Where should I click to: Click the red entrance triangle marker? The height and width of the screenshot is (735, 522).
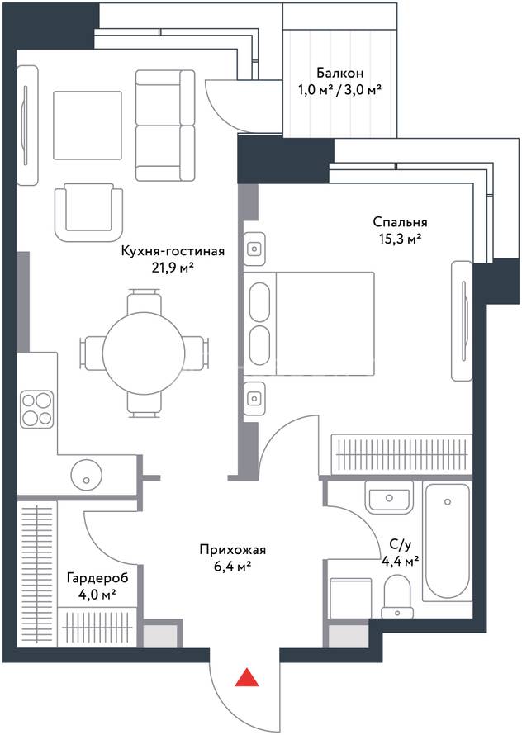247,678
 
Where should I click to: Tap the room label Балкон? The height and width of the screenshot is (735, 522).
339,73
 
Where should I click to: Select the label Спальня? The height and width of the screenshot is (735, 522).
400,221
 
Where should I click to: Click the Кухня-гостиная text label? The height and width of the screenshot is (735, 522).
173,251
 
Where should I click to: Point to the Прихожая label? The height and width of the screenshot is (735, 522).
233,550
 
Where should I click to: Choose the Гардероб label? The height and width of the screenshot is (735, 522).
97,578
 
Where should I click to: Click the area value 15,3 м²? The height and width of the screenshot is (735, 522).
400,239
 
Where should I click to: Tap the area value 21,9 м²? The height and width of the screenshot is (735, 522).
173,269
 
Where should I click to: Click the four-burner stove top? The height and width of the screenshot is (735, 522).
36,410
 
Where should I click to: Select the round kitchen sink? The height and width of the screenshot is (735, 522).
86,473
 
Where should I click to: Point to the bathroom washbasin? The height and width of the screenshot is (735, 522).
389,497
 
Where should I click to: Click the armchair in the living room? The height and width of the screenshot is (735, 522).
88,212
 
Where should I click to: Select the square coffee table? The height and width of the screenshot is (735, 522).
88,126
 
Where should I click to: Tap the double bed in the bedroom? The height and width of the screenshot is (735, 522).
309,324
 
